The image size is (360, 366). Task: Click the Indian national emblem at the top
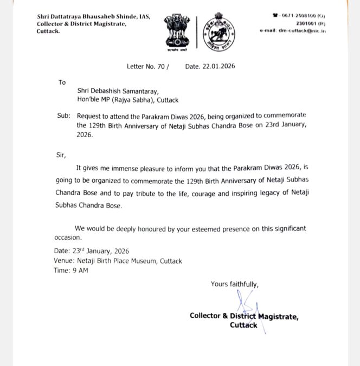(176, 31)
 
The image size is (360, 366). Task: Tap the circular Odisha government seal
(215, 31)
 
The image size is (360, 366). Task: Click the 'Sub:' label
(63, 116)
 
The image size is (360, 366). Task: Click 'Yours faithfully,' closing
(235, 284)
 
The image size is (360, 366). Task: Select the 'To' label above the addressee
(62, 82)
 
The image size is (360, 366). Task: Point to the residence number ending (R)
(311, 23)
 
